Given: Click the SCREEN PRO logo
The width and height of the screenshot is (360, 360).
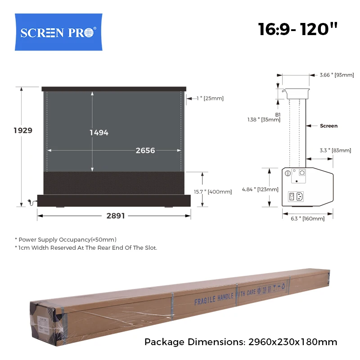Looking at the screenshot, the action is point(58,32).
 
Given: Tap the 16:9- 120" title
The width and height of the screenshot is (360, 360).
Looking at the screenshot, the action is point(298,29).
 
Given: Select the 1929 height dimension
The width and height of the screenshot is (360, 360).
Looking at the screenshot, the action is point(23,130).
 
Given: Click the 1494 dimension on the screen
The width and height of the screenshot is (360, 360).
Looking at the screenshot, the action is point(99,132).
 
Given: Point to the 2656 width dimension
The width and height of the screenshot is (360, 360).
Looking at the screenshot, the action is point(145,150).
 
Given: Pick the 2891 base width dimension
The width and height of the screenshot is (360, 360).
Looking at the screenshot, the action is point(116,216).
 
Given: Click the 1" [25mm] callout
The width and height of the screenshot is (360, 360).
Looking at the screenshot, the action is point(210,98).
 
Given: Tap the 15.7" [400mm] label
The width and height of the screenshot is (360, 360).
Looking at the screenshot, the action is point(213,192).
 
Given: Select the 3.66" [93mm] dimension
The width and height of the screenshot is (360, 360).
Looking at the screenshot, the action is point(337,75).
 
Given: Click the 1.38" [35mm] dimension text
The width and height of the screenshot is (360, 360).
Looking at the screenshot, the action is point(264,120).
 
